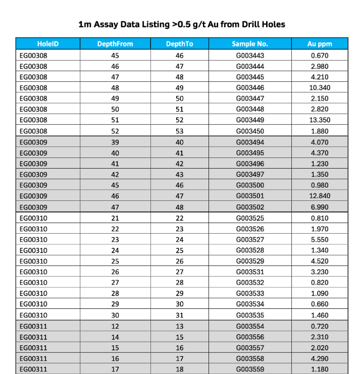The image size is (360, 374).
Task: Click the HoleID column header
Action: pos(48,44)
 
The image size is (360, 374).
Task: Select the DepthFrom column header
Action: pos(115,44)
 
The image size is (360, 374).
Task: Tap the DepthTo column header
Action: pos(179,44)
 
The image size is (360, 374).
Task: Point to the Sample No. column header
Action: pos(250,44)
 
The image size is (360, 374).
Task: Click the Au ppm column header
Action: pos(320,44)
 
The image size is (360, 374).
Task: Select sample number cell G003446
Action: pos(250,88)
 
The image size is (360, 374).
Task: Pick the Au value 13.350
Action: pos(320,120)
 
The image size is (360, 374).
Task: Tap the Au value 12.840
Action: pos(320,196)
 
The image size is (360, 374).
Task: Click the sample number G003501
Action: pos(250,196)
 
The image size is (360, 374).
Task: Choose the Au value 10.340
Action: pos(320,88)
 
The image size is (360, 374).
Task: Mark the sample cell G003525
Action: pos(250,218)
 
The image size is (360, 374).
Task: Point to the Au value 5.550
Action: pos(320,240)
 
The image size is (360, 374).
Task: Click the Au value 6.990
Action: pos(320,207)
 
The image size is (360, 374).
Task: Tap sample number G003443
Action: pos(250,55)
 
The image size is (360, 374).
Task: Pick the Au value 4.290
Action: pos(320,359)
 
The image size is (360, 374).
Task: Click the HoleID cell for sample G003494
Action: pos(33,142)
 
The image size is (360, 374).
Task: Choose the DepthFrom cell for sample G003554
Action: pos(115,327)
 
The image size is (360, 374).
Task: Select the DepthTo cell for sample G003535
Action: pos(179,315)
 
